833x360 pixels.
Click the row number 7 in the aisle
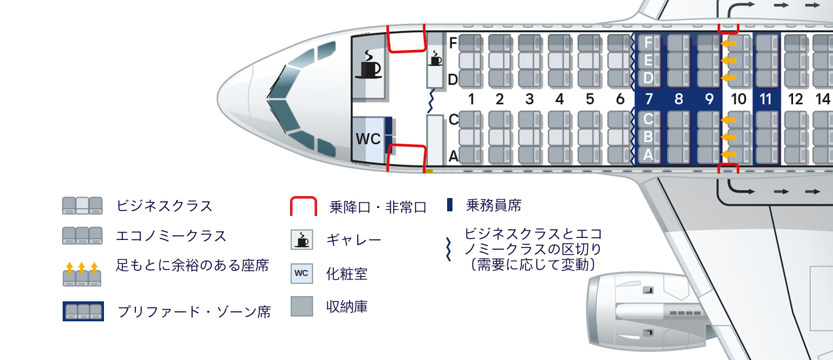pos(648,99)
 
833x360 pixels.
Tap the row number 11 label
pos(766,99)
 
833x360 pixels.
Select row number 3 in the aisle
pos(530,99)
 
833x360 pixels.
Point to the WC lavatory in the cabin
pos(368,139)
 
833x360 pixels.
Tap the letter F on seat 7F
pos(648,43)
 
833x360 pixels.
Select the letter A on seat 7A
pos(648,155)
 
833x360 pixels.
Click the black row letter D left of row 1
pos(453,80)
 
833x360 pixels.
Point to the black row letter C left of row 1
pos(453,120)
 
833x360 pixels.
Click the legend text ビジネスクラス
pos(165,205)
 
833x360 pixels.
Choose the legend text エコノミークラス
pos(171,236)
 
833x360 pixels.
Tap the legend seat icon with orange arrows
pos(82,275)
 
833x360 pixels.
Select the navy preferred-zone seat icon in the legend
pos(83,311)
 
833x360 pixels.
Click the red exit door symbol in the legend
pos(303,207)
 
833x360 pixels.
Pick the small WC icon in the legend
pos(302,273)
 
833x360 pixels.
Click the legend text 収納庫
pos(347,307)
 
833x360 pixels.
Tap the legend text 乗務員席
pos(494,205)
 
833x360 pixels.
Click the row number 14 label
pos(822,99)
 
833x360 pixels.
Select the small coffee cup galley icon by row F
pos(435,58)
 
